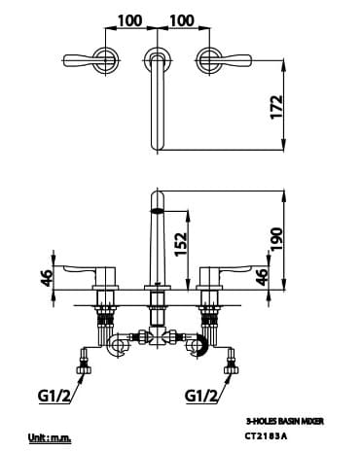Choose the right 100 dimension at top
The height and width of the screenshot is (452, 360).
coord(182,19)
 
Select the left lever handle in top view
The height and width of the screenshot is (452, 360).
coord(99,62)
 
